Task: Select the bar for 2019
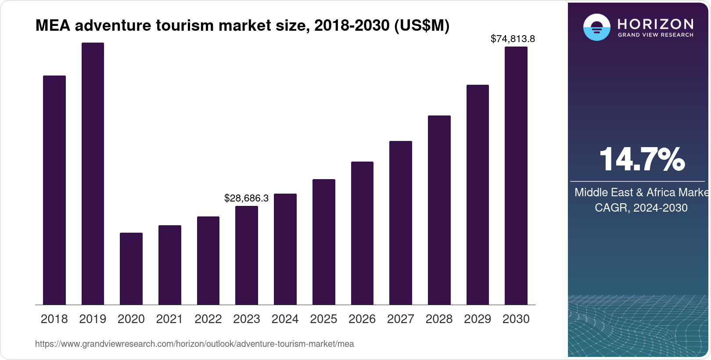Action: tap(93, 173)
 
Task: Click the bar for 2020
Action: tap(131, 269)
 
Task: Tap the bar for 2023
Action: tap(246, 255)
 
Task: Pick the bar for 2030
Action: tap(516, 176)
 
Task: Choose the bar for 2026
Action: tap(362, 233)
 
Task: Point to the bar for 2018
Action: tap(54, 190)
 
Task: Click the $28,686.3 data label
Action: tap(246, 198)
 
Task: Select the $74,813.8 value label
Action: tap(513, 39)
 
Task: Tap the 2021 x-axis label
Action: tap(169, 319)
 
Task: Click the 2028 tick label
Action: tap(439, 319)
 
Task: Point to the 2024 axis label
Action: tap(285, 319)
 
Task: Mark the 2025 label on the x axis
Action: tap(323, 319)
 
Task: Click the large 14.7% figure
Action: tap(642, 159)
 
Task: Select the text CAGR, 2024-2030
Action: tap(641, 208)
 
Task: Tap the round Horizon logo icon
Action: tap(596, 27)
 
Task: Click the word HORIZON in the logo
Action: tap(655, 24)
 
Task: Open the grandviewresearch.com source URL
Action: tap(194, 344)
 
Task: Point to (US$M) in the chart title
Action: tap(422, 25)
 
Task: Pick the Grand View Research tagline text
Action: tap(655, 35)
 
